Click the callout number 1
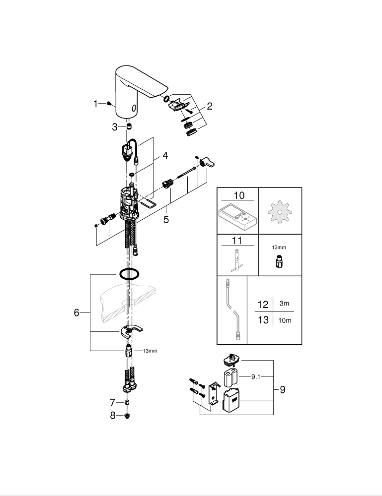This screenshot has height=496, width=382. pos(96,104)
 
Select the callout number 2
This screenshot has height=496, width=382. pos(209,106)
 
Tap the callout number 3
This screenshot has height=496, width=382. pos(115,127)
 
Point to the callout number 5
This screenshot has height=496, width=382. pos(166,219)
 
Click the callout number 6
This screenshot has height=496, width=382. pos(76,312)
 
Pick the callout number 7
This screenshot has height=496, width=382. pos(113,402)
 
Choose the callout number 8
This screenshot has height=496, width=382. pos(113,416)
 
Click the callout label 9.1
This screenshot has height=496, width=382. pos(255,377)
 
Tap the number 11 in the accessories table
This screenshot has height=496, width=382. pos(237,241)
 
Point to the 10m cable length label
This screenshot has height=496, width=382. pos(285,320)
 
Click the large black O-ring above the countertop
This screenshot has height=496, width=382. pos(128,274)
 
